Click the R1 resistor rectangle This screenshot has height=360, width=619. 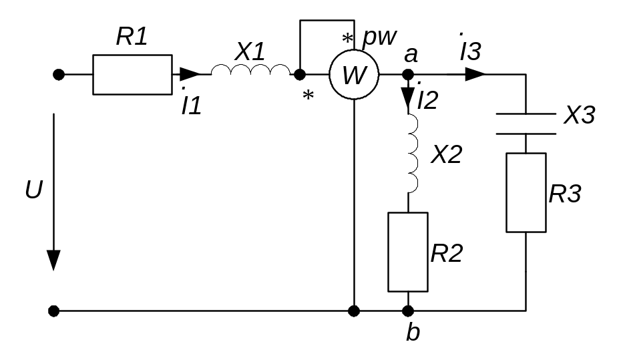point(132,75)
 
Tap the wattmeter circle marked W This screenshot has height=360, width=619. point(353,75)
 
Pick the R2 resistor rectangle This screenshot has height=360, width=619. point(408,252)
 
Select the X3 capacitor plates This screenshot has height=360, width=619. point(526,124)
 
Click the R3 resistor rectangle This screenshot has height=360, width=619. point(526,192)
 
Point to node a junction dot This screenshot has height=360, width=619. point(409,75)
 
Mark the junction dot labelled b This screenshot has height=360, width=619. point(408,311)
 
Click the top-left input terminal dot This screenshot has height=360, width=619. point(59,75)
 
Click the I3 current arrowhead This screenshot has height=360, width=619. point(475,74)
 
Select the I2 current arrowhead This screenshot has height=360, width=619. point(409,99)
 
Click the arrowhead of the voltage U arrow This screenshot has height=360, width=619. point(53,260)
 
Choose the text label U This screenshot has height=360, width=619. point(34,191)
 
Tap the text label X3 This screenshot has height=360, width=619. point(579,116)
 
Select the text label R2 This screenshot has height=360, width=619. point(446,253)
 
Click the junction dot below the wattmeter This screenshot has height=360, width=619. point(354,311)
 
